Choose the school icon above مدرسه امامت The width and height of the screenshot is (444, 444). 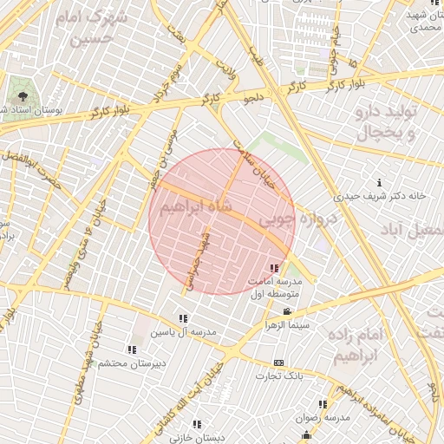[x=275, y=268]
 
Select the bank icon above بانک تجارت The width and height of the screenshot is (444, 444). [x=278, y=362]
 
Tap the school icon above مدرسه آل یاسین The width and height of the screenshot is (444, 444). [x=183, y=319]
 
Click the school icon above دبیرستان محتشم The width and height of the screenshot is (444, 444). [x=132, y=349]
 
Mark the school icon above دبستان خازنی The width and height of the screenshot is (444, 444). [x=196, y=424]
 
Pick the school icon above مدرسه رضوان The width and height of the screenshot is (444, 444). [x=323, y=404]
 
